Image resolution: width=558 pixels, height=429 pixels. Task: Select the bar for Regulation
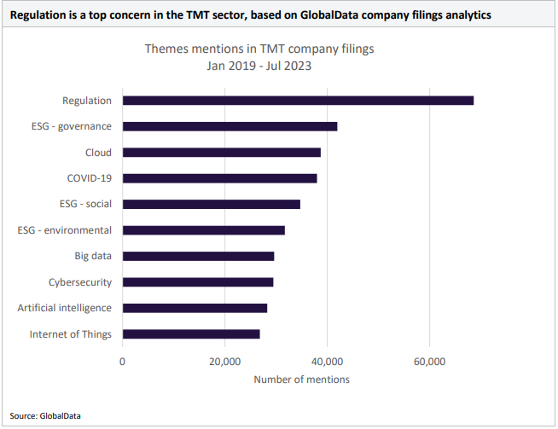(298, 101)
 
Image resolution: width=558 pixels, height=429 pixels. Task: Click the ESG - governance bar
(230, 126)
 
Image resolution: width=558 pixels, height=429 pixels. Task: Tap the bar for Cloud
(222, 153)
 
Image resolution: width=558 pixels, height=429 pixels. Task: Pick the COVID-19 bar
(219, 178)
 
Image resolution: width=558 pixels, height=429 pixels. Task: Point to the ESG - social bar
(212, 204)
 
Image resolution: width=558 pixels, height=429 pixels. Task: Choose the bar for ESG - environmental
(203, 230)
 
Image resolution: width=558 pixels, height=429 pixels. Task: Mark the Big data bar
(198, 256)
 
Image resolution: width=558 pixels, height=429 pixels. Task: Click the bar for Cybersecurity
(198, 281)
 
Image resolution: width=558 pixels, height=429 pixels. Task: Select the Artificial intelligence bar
(195, 308)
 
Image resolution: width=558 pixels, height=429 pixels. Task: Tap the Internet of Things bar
(191, 334)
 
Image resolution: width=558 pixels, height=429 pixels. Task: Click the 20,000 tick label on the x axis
(224, 362)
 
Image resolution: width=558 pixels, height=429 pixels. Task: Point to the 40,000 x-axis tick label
(327, 362)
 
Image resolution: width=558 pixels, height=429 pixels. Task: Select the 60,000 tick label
(429, 362)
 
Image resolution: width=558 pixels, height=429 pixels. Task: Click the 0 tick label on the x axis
(123, 362)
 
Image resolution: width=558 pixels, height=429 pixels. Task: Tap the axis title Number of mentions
(301, 380)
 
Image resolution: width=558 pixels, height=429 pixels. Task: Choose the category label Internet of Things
(71, 334)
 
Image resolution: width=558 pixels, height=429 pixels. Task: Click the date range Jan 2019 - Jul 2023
(259, 66)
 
